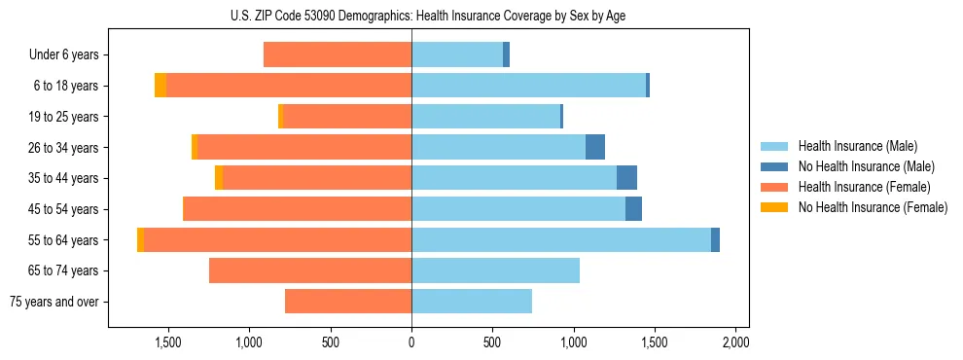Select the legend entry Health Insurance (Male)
857,146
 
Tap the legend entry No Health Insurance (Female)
873,207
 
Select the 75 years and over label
53,302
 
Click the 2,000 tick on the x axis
735,343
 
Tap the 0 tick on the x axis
411,343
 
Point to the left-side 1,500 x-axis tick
168,343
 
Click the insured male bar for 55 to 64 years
561,240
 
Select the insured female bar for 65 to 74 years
310,270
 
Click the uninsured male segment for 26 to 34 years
595,148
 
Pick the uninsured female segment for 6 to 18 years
160,86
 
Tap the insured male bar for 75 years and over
472,302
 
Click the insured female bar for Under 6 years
338,55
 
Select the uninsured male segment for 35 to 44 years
627,178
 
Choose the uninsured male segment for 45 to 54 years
633,209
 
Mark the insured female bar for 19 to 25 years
347,117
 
